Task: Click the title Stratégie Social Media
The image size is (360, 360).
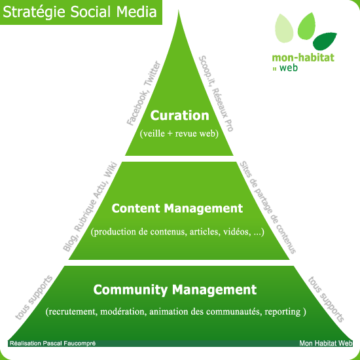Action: pyautogui.click(x=80, y=12)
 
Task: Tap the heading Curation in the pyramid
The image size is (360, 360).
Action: pyautogui.click(x=179, y=115)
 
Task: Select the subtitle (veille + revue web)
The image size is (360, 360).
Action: pyautogui.click(x=179, y=134)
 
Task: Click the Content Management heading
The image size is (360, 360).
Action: pyautogui.click(x=177, y=208)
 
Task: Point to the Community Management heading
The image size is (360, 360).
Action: pyautogui.click(x=175, y=290)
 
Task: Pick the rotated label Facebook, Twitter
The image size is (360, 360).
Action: pyautogui.click(x=143, y=93)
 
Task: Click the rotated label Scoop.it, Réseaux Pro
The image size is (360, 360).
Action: pyautogui.click(x=216, y=94)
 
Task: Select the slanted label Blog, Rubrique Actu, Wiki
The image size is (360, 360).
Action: pyautogui.click(x=90, y=207)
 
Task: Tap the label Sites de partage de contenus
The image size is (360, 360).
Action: pyautogui.click(x=268, y=207)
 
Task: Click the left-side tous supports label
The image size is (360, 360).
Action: pyautogui.click(x=34, y=297)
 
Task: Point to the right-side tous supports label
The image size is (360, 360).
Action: pyautogui.click(x=326, y=299)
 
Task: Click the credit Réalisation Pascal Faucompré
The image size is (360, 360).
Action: pyautogui.click(x=52, y=343)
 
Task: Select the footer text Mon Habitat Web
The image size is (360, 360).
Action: pyautogui.click(x=325, y=343)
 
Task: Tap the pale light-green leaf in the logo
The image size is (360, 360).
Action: pyautogui.click(x=284, y=28)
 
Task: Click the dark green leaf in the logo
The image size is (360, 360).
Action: pyautogui.click(x=324, y=41)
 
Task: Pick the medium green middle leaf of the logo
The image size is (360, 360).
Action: pyautogui.click(x=306, y=26)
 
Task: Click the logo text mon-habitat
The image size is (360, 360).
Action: pyautogui.click(x=303, y=58)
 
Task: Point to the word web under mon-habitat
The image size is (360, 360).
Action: pyautogui.click(x=289, y=67)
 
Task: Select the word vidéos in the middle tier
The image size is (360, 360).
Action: pyautogui.click(x=238, y=232)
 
